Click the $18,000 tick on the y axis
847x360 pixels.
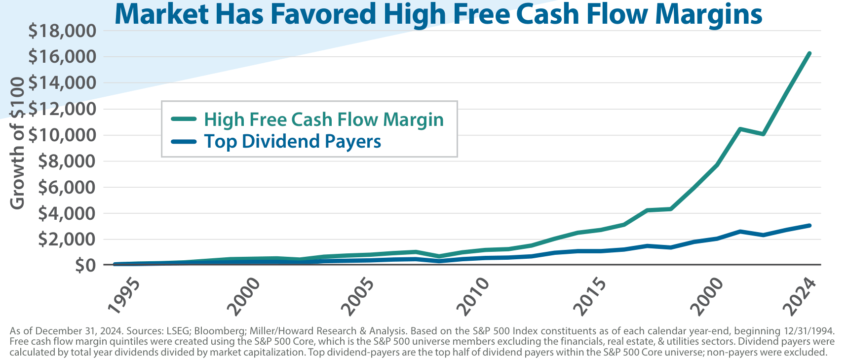coord(62,31)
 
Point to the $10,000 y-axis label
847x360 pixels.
coord(62,135)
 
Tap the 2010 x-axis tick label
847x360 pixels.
coord(473,297)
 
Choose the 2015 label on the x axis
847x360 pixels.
coord(590,297)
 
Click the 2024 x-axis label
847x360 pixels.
coord(800,297)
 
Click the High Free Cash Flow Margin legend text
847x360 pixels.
coord(324,120)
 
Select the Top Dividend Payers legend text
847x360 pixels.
coord(293,142)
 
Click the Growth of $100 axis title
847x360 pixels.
coord(18,143)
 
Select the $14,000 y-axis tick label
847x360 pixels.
coord(62,83)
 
